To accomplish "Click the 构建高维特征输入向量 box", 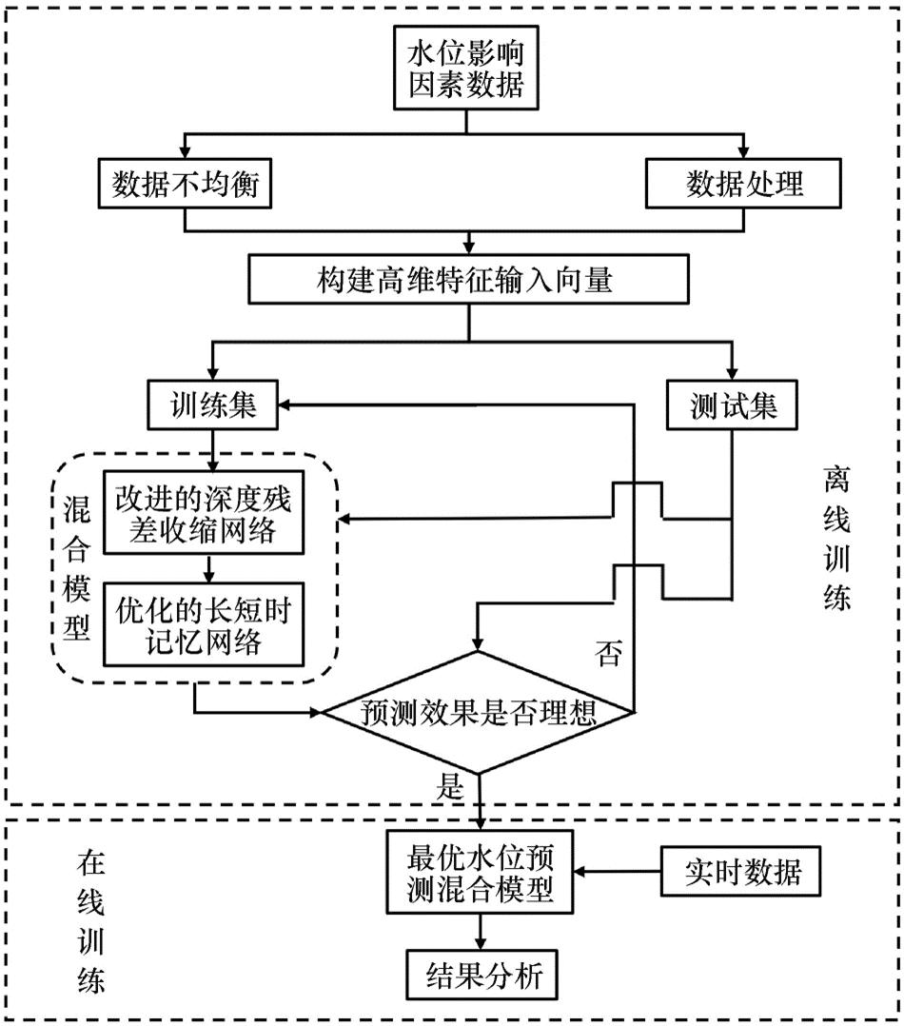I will [465, 281].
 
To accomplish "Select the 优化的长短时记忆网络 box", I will [203, 625].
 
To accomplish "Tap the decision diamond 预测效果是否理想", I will [479, 713].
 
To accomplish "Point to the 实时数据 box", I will [743, 871].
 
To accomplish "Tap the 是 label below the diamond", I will [448, 785].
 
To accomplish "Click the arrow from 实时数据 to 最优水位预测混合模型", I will [619, 871].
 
